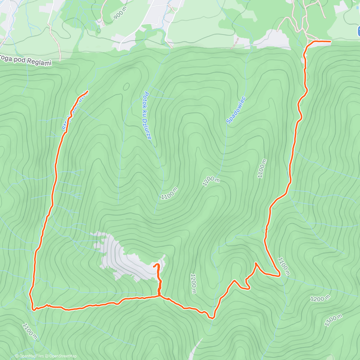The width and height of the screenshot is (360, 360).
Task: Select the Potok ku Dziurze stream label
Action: [x=147, y=115]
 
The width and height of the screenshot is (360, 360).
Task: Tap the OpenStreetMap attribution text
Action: [x=63, y=356]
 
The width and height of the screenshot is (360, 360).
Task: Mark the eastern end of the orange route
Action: [x=331, y=41]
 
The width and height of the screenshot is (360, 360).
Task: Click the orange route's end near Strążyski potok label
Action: [x=87, y=91]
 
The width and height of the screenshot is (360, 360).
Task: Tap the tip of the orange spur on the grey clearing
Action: [x=154, y=266]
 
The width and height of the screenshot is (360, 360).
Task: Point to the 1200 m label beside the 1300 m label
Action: [x=320, y=298]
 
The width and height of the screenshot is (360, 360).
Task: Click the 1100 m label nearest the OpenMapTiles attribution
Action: [x=30, y=331]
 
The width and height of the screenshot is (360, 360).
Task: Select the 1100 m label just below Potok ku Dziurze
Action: [x=169, y=193]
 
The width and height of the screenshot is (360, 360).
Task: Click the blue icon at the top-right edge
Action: [x=358, y=31]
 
